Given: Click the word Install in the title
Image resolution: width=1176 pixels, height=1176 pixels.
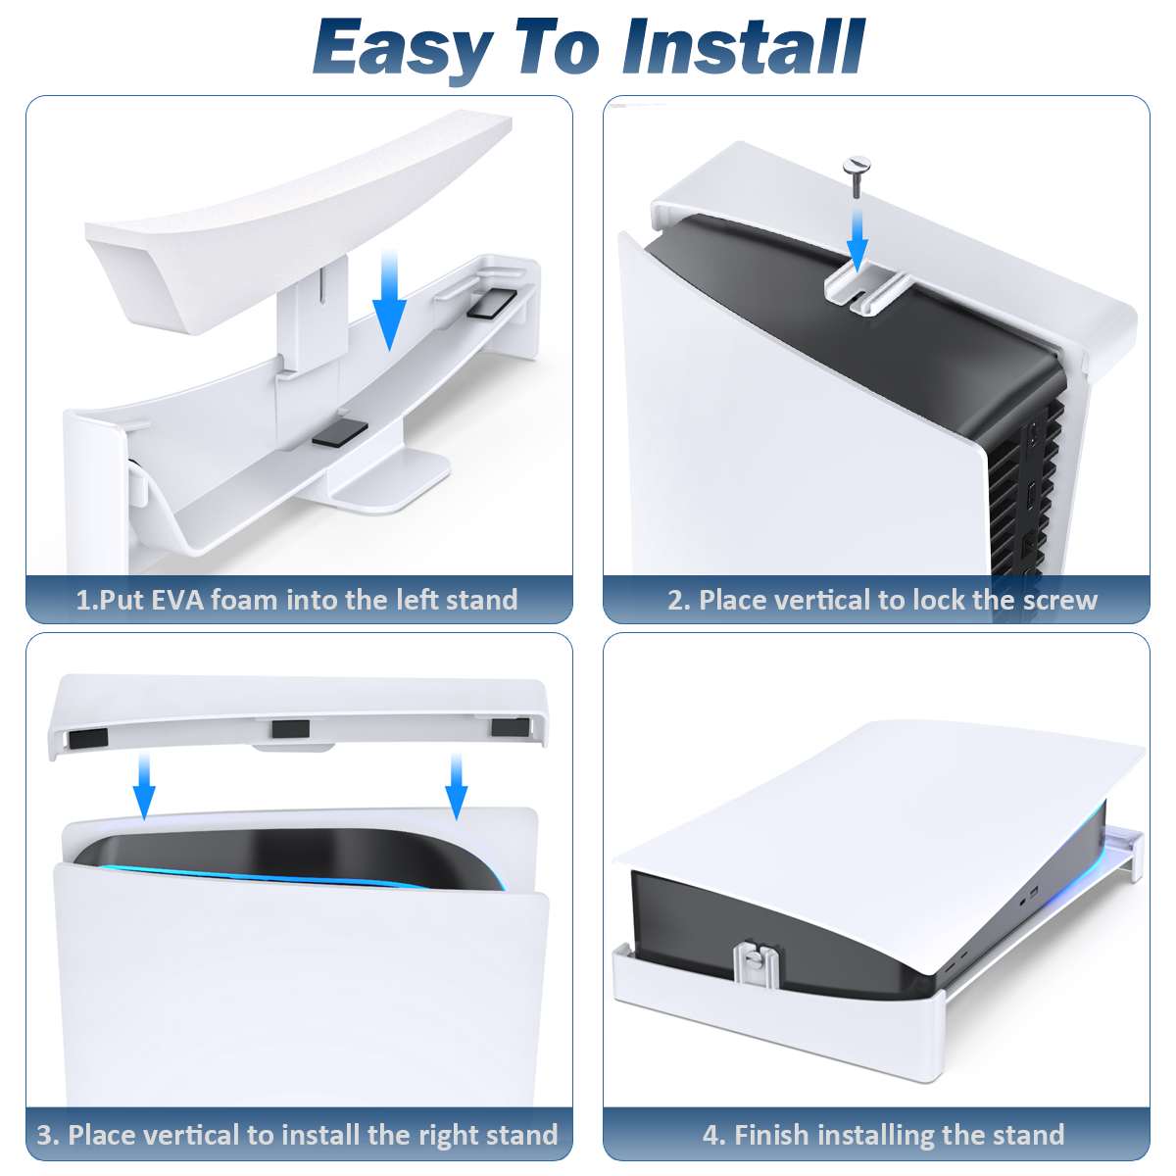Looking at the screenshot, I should tap(743, 47).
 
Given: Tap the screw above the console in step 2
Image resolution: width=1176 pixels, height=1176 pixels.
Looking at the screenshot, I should tap(856, 177).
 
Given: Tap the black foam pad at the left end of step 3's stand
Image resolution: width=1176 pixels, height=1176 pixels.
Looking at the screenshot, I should tap(88, 738).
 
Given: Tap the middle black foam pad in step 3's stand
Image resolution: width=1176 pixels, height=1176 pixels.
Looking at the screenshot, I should tap(290, 729).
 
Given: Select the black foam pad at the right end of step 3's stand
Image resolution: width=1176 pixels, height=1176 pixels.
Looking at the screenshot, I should tap(510, 727).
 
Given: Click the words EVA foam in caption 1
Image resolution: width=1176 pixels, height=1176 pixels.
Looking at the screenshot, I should tap(215, 600).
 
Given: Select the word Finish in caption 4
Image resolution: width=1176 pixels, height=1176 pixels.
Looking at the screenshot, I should tap(771, 1135).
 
